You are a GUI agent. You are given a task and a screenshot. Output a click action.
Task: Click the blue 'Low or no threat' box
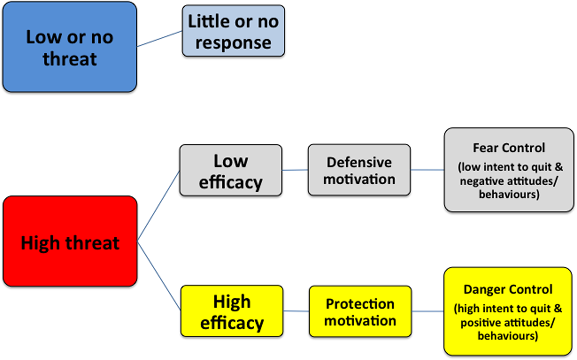70,47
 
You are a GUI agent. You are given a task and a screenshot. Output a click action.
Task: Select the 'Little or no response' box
233,31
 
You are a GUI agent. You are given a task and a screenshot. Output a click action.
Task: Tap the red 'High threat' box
70,241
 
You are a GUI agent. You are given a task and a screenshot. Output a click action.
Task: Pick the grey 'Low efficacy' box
231,170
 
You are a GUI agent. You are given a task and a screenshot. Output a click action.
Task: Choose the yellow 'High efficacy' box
232,311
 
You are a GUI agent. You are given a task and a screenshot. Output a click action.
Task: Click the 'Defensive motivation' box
359,170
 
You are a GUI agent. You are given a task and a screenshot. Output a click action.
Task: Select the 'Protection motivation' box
360,311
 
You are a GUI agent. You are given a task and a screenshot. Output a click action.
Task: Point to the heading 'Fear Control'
509,148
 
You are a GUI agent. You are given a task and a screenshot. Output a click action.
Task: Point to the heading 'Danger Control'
508,289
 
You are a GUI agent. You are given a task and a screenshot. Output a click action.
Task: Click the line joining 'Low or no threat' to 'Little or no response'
160,39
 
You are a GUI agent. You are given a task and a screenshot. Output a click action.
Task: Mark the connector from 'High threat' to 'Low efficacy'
158,206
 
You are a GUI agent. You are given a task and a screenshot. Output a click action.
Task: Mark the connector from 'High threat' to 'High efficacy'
159,276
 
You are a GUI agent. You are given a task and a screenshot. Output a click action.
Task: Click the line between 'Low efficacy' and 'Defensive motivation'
295,170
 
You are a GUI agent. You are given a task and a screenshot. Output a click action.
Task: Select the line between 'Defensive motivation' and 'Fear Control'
427,170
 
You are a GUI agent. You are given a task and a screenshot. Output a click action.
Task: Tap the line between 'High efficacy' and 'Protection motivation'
296,311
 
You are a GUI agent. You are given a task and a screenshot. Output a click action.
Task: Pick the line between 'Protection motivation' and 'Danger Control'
428,311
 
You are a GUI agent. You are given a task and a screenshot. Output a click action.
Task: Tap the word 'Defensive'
359,162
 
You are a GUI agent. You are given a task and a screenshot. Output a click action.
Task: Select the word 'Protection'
360,304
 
